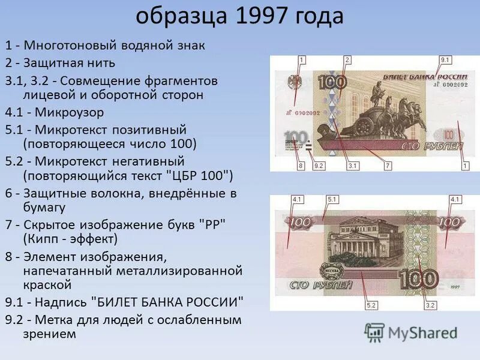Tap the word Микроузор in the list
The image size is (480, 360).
pyautogui.click(x=69, y=112)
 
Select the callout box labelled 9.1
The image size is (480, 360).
pyautogui.click(x=445, y=60)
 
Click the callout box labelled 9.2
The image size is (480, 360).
pyautogui.click(x=319, y=165)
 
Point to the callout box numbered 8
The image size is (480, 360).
pyautogui.click(x=301, y=165)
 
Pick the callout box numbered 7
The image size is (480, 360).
pyautogui.click(x=388, y=165)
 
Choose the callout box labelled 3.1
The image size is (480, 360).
pyautogui.click(x=352, y=165)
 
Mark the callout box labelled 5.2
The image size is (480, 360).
pyautogui.click(x=371, y=305)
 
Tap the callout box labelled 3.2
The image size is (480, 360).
pyautogui.click(x=430, y=305)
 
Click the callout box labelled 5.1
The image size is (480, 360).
pyautogui.click(x=333, y=199)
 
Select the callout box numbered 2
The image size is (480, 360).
pyautogui.click(x=347, y=60)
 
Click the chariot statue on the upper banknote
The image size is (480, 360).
pyautogui.click(x=375, y=114)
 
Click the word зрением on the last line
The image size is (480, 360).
pyautogui.click(x=50, y=334)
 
